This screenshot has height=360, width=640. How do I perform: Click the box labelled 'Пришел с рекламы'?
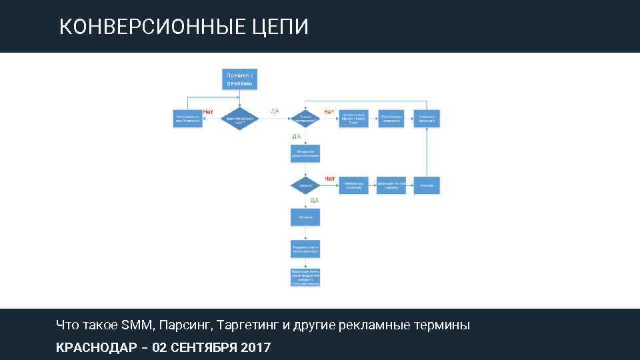[239, 79]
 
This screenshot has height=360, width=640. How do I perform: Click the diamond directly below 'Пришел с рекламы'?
[239, 119]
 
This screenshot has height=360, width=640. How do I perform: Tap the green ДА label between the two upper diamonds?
[275, 111]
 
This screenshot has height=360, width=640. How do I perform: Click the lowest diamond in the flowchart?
[305, 185]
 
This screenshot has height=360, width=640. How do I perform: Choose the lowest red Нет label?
[329, 178]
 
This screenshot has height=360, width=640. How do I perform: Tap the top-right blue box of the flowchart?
[427, 119]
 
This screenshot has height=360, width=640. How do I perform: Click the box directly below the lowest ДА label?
[305, 217]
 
